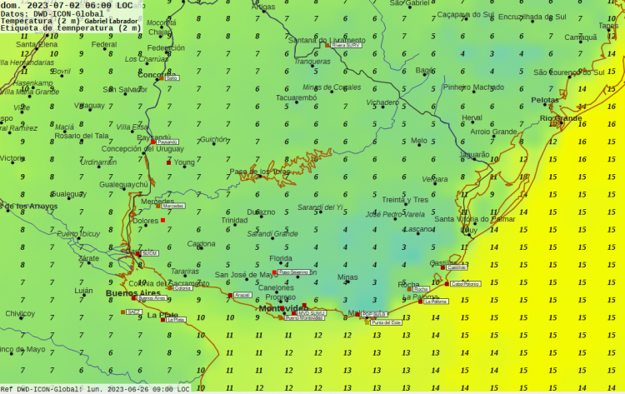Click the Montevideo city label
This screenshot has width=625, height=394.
(283, 308)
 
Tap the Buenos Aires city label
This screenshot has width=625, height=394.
(132, 293)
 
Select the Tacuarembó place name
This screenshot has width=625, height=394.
(296, 97)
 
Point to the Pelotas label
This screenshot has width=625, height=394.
(545, 100)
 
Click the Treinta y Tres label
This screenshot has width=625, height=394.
(405, 200)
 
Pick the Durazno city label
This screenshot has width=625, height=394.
(261, 212)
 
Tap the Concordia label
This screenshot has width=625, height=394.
(156, 74)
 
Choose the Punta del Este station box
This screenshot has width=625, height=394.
(387, 322)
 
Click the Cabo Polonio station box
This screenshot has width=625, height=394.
(466, 284)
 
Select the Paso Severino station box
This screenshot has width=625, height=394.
(295, 272)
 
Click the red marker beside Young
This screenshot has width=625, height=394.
(168, 162)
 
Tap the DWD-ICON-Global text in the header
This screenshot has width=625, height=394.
(66, 12)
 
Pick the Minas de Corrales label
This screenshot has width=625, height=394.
(332, 87)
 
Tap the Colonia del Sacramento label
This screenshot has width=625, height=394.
(170, 283)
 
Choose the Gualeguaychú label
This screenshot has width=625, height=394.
(123, 184)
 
